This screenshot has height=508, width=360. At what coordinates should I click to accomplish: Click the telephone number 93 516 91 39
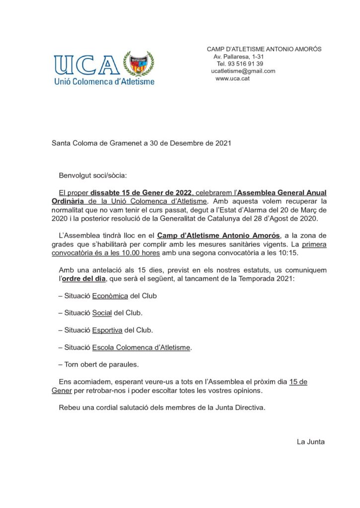[x=240, y=63]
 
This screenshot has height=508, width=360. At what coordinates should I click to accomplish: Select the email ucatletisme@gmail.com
[x=243, y=71]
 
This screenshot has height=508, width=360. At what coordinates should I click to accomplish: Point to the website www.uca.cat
[x=232, y=78]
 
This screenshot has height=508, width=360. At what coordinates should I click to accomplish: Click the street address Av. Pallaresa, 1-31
[x=239, y=57]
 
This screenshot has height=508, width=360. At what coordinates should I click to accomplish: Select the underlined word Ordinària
[x=69, y=201]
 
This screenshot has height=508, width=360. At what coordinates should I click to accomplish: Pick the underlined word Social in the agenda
[x=103, y=313]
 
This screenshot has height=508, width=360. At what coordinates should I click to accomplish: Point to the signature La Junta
[x=310, y=441]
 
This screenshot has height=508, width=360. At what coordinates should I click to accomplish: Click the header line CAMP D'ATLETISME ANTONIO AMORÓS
[x=264, y=49]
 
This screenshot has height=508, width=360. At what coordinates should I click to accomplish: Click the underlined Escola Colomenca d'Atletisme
[x=141, y=347]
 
